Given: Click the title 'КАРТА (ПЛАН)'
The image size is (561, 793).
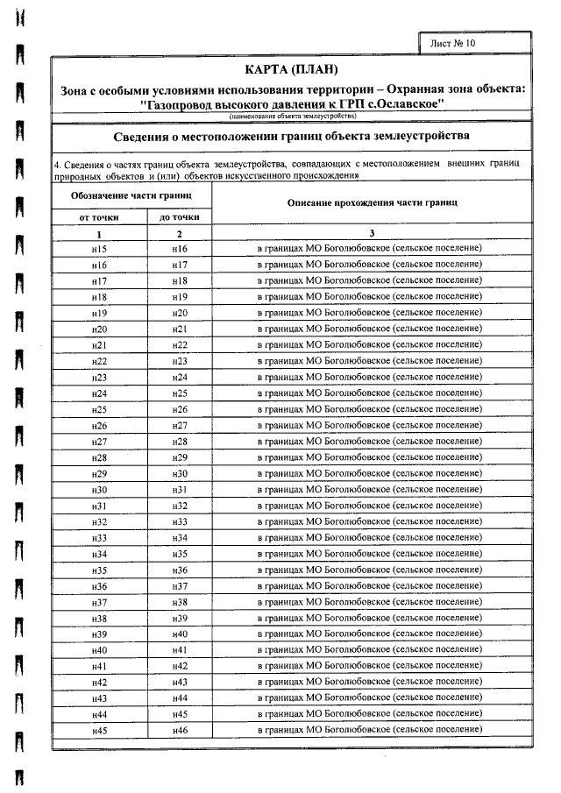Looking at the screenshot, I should click(292, 69).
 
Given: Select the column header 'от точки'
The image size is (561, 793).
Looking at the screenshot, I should click(99, 216).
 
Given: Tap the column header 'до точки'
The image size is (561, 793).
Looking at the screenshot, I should click(180, 216).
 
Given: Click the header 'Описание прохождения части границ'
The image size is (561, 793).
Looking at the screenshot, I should click(372, 202).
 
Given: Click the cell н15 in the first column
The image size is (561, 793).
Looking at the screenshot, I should click(99, 249).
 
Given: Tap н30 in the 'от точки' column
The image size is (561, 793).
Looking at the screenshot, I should click(99, 489).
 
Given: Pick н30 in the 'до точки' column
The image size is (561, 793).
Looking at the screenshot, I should click(180, 473).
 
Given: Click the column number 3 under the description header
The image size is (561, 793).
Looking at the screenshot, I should click(372, 233).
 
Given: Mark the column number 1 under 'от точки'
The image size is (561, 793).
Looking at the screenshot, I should click(99, 233).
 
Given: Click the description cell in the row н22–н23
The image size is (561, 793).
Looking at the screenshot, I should click(372, 360).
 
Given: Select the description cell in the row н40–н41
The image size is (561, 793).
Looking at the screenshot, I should click(372, 649).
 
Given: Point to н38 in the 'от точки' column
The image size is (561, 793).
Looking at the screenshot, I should click(99, 618).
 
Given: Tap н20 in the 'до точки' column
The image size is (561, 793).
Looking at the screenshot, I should click(180, 313).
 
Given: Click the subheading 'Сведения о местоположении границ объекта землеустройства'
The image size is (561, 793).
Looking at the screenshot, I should click(292, 136).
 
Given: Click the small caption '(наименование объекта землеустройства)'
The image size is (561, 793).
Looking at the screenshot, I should click(292, 116).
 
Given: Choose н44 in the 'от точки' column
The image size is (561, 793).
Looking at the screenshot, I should click(99, 714).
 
